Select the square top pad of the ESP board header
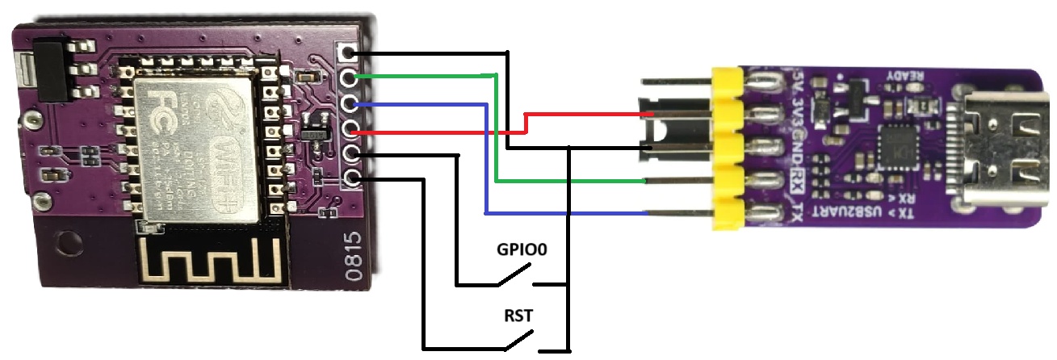tap(349, 53)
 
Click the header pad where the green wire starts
tap(350, 78)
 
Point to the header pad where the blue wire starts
tap(350, 103)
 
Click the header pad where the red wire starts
tap(350, 128)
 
